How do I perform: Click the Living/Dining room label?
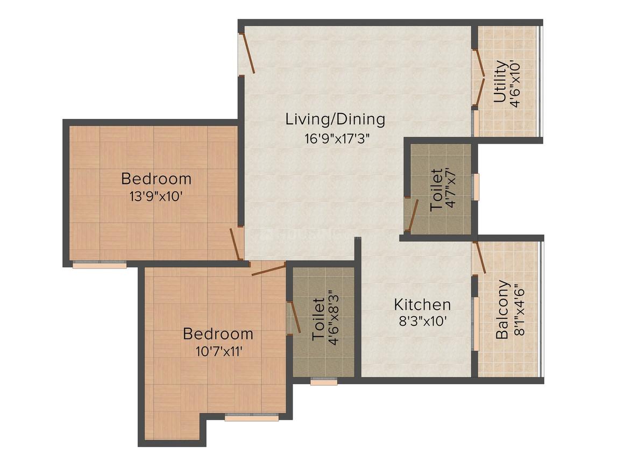point(335,119)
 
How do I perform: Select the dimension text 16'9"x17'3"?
point(337,139)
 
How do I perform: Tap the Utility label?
point(500,81)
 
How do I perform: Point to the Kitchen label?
point(422,305)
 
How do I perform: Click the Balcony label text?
point(502,310)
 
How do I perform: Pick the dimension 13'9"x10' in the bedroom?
point(155,196)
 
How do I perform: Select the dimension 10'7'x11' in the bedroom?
point(219,351)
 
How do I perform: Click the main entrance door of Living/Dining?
point(247,54)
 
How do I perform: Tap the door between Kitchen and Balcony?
point(479,258)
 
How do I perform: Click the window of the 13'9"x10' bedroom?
point(100,264)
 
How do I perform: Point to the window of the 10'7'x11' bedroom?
point(252,417)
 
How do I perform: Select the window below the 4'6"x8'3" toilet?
point(324,381)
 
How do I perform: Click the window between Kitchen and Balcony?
point(475,323)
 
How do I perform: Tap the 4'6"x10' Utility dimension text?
point(515,83)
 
